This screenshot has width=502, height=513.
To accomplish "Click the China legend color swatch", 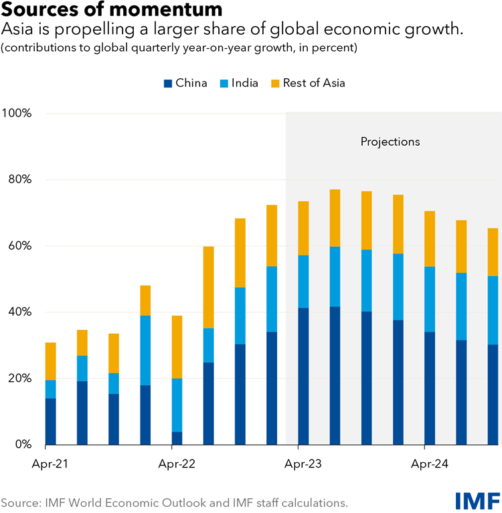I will tap(168, 83).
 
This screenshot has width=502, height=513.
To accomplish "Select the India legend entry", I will tap(239, 83).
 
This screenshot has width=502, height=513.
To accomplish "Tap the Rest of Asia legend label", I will tap(314, 83).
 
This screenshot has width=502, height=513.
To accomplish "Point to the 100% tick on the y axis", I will tap(17, 114).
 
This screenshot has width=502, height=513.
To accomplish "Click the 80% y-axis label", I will tap(20, 180).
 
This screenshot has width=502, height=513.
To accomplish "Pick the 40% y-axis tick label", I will tap(20, 312).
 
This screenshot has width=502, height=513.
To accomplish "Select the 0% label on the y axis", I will tap(23, 445).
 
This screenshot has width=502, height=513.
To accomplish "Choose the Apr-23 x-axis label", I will tap(303, 463).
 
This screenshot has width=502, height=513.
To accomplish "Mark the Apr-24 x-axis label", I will tap(430, 463).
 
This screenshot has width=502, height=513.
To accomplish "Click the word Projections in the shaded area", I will tap(390, 142).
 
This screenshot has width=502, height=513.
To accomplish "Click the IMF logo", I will tap(478, 500).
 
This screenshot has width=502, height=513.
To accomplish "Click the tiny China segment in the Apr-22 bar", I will tap(177, 438).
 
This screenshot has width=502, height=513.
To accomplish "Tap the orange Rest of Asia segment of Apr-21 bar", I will tap(50, 361).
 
